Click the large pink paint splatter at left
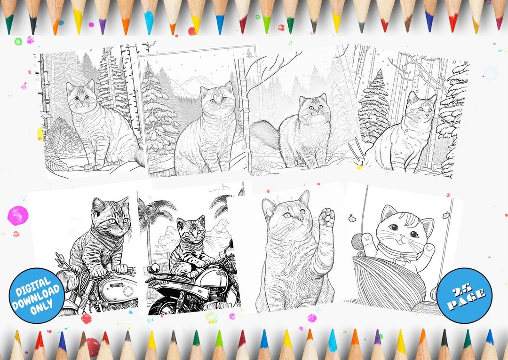click(x=18, y=215)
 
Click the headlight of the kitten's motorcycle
click(x=66, y=281)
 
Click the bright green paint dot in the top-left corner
click(x=18, y=41)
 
